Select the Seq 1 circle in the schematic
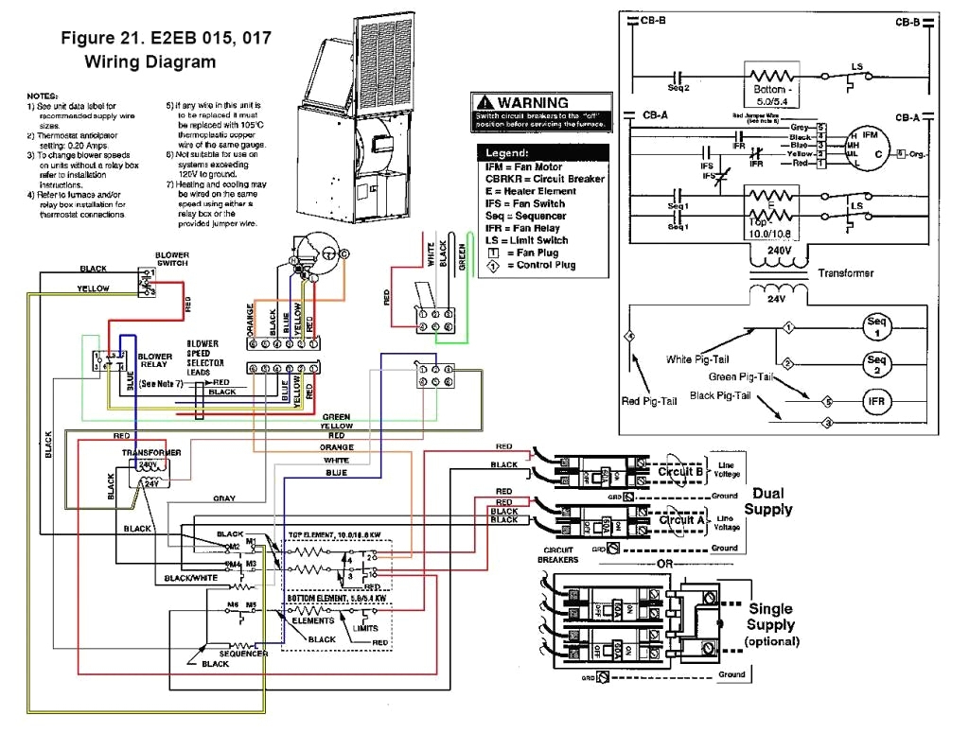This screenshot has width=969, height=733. (x=876, y=327)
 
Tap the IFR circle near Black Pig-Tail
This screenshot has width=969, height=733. (x=876, y=401)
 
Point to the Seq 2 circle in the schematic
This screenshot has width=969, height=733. (x=876, y=364)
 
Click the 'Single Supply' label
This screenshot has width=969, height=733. (x=770, y=617)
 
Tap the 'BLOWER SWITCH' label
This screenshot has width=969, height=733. (x=172, y=259)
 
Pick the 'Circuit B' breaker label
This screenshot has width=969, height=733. (x=681, y=471)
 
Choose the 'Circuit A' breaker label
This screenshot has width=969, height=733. (x=681, y=520)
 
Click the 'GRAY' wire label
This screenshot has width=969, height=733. (x=223, y=497)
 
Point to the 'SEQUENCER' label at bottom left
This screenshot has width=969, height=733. (x=243, y=653)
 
